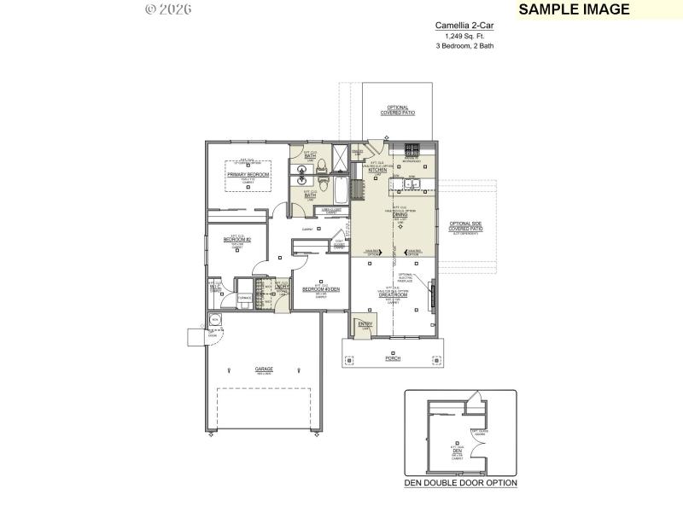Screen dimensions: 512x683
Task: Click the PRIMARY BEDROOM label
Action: [248, 174]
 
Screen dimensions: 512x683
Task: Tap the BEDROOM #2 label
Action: [236, 241]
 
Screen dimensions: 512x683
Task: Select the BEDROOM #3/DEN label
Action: [320, 289]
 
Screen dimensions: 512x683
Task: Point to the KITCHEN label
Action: [378, 170]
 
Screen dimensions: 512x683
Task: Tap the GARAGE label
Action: [264, 369]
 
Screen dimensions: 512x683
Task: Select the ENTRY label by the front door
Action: [365, 324]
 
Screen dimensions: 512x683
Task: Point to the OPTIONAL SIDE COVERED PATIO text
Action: [466, 227]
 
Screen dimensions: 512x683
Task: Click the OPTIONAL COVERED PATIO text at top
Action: [398, 110]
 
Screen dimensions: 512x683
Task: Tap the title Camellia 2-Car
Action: [464, 26]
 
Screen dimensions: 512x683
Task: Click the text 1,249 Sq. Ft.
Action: [464, 36]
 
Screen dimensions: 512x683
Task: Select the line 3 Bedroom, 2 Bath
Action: [464, 45]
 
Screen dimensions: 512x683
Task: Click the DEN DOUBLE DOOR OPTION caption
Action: [460, 483]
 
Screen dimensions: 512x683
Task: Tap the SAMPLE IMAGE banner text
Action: [574, 9]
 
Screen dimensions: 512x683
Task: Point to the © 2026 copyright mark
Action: [168, 9]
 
